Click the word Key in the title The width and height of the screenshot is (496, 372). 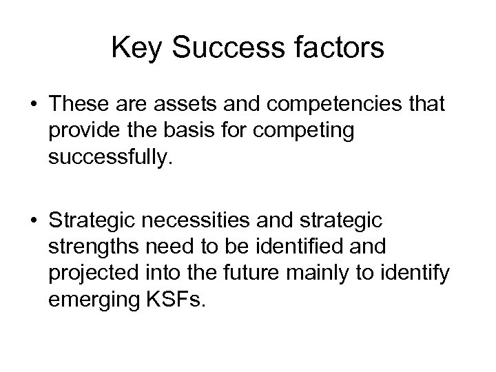(136, 49)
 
